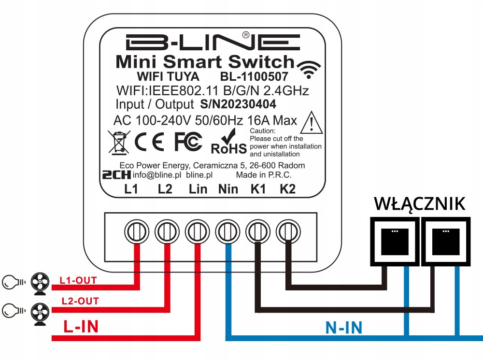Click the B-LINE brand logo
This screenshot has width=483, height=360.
(x=212, y=43)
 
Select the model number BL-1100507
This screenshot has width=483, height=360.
(x=254, y=77)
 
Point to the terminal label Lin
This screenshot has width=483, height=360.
(x=198, y=189)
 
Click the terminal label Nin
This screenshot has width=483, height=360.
(x=227, y=189)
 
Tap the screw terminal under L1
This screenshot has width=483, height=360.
(x=137, y=231)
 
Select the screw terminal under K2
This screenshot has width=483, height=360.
(x=287, y=231)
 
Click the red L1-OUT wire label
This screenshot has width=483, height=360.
(x=78, y=280)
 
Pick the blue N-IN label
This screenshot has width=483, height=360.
(x=344, y=328)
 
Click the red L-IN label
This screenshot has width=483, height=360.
(x=81, y=327)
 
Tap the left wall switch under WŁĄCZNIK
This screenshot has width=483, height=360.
(x=393, y=240)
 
